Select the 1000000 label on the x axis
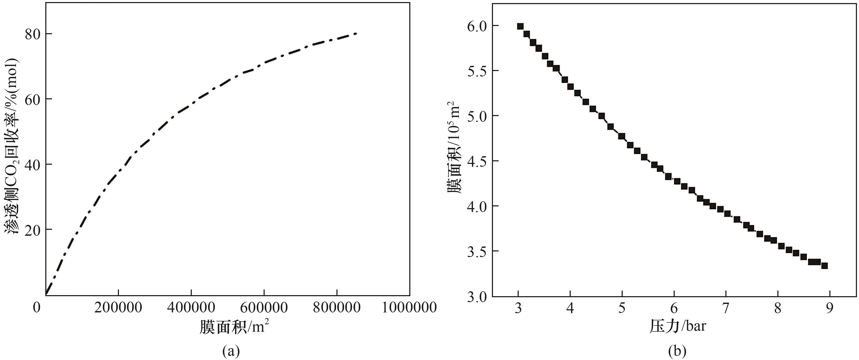click(409, 307)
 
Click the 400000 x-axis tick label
click(191, 307)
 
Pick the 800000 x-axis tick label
click(336, 307)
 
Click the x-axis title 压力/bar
click(677, 326)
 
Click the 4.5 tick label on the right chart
click(477, 161)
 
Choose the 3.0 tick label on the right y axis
click(477, 297)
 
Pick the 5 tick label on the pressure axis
click(622, 308)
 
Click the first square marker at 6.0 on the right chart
click(520, 26)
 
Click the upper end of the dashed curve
click(356, 33)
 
